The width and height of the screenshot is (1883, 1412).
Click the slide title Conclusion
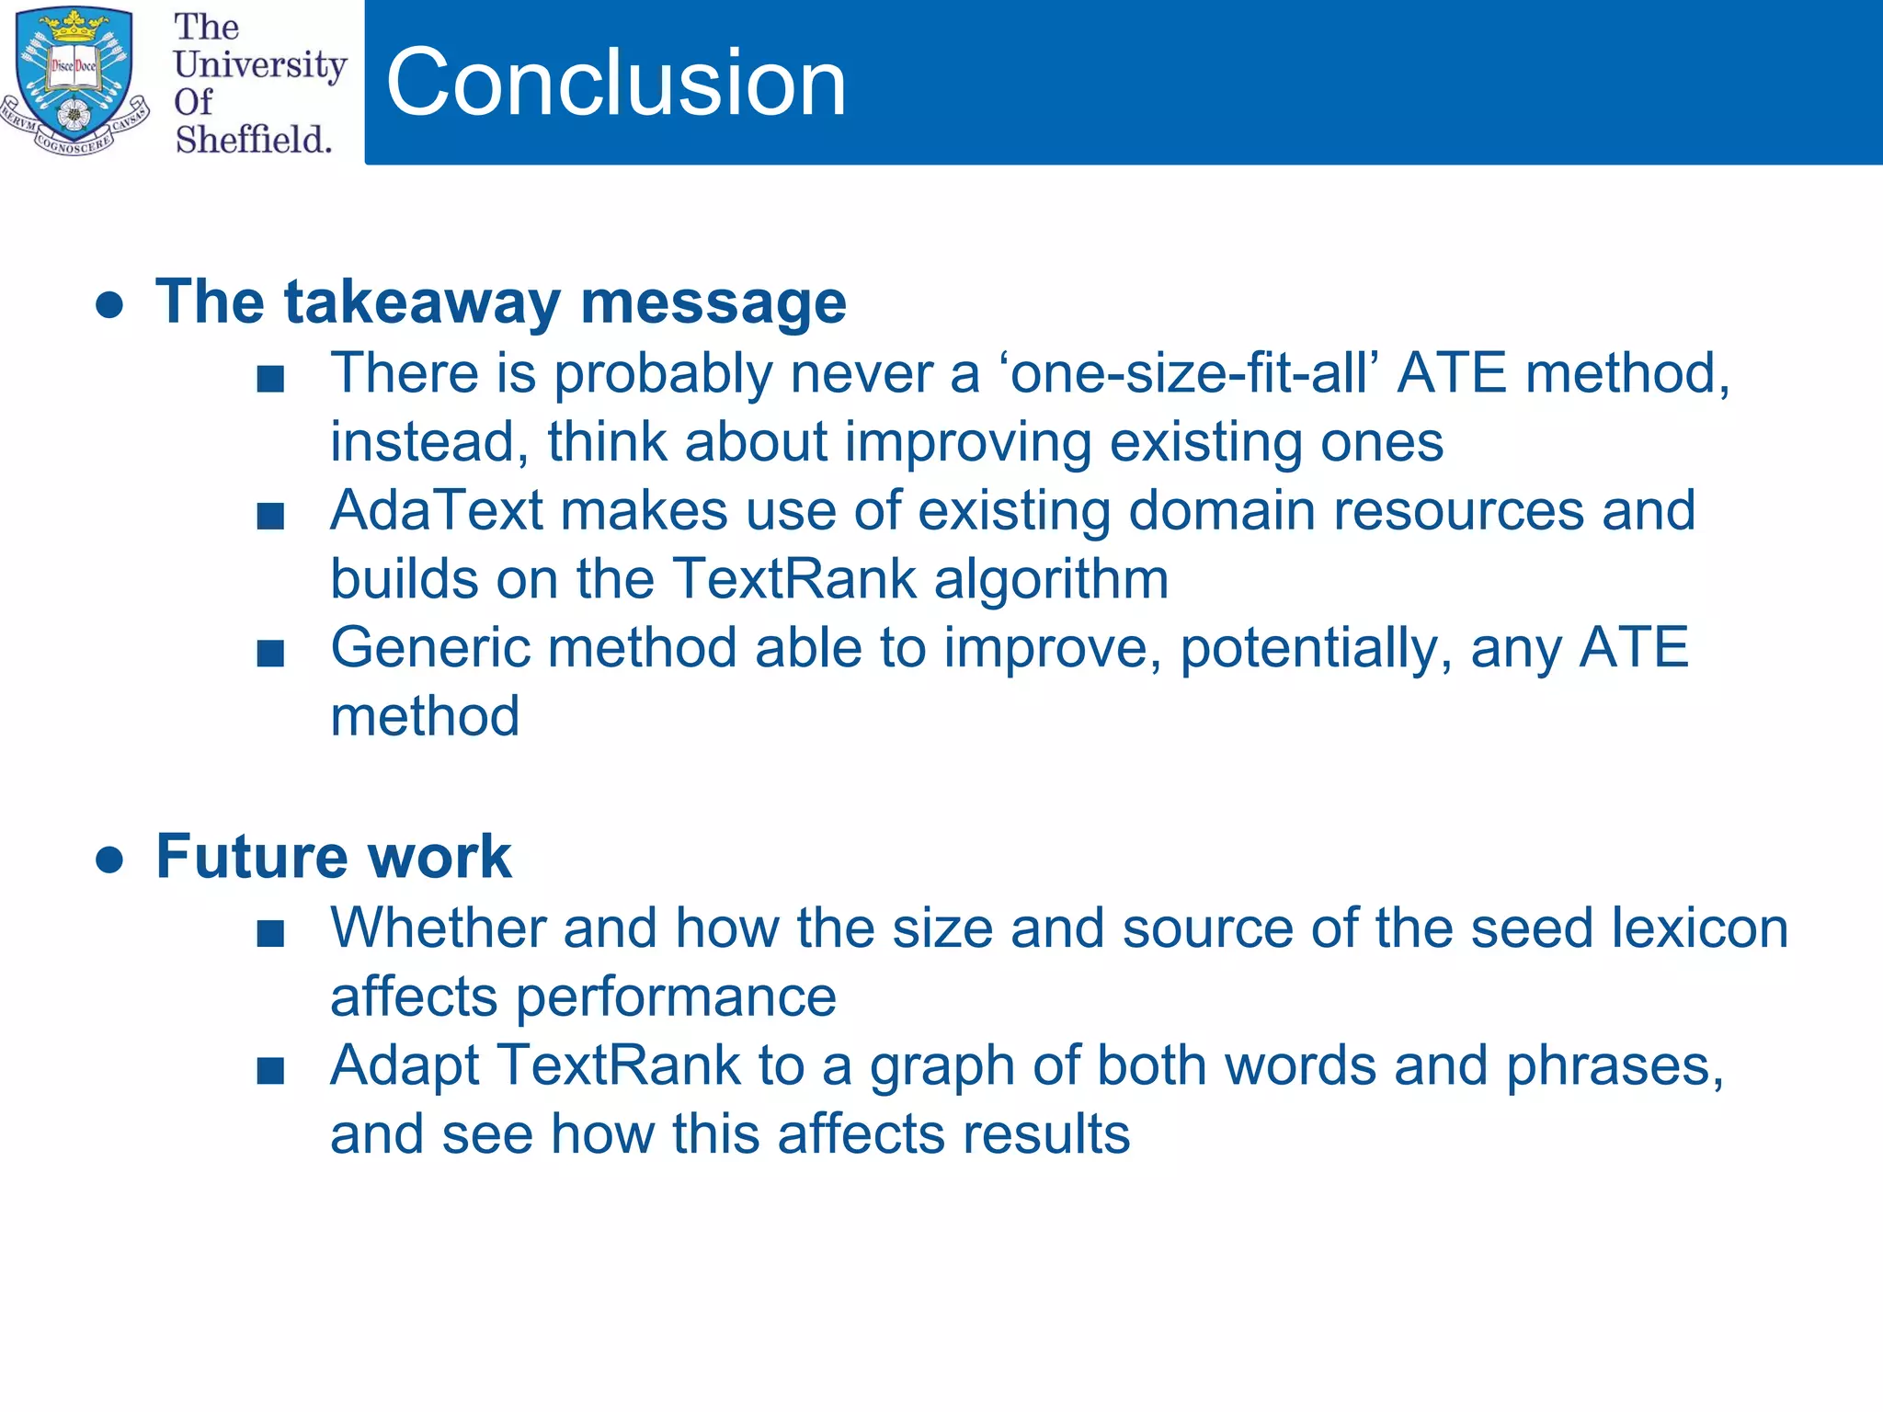click(615, 83)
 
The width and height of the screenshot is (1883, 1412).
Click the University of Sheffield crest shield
click(74, 78)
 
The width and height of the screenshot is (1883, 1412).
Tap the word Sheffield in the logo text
click(253, 140)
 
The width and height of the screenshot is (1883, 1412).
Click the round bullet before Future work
click(109, 859)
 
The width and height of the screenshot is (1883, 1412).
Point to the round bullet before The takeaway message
click(109, 304)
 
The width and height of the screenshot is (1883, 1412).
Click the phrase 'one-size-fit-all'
click(1188, 373)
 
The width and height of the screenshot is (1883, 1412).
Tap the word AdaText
click(436, 510)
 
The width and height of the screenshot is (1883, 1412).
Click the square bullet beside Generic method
click(270, 654)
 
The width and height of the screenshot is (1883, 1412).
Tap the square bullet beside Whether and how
click(270, 934)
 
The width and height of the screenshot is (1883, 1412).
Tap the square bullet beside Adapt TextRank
click(270, 1071)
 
